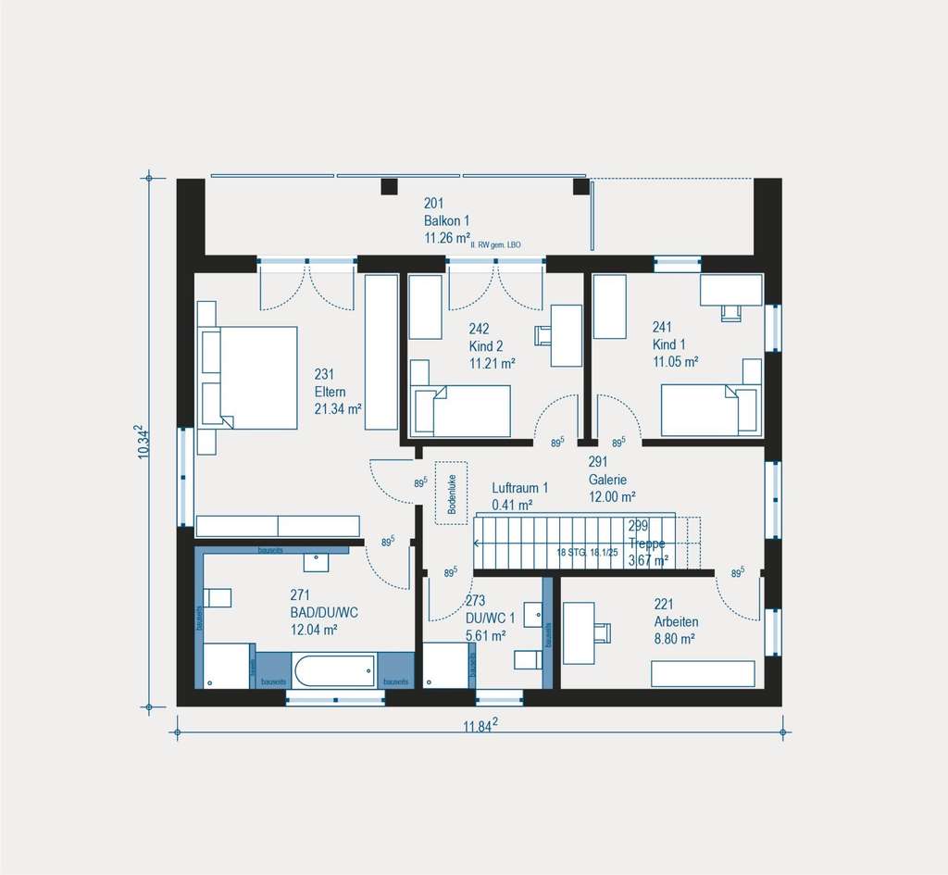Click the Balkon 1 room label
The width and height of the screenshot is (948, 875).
point(447,220)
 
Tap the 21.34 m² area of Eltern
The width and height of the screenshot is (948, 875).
point(338,409)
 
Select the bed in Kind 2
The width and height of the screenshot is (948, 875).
point(462,410)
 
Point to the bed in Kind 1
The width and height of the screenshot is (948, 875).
point(710,411)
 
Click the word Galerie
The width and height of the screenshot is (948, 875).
point(608,480)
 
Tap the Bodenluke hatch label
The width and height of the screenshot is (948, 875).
point(452,495)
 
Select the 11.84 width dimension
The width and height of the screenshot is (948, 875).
point(480,726)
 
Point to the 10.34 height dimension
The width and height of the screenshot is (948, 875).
point(141,441)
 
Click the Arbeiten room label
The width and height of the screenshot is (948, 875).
point(676,621)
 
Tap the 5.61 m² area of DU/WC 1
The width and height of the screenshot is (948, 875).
point(485,635)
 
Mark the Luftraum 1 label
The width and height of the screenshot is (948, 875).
point(520,487)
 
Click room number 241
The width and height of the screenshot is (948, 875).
point(662,327)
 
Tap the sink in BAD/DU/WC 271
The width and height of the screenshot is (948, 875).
point(317,560)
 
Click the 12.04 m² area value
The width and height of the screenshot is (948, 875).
point(313,629)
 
